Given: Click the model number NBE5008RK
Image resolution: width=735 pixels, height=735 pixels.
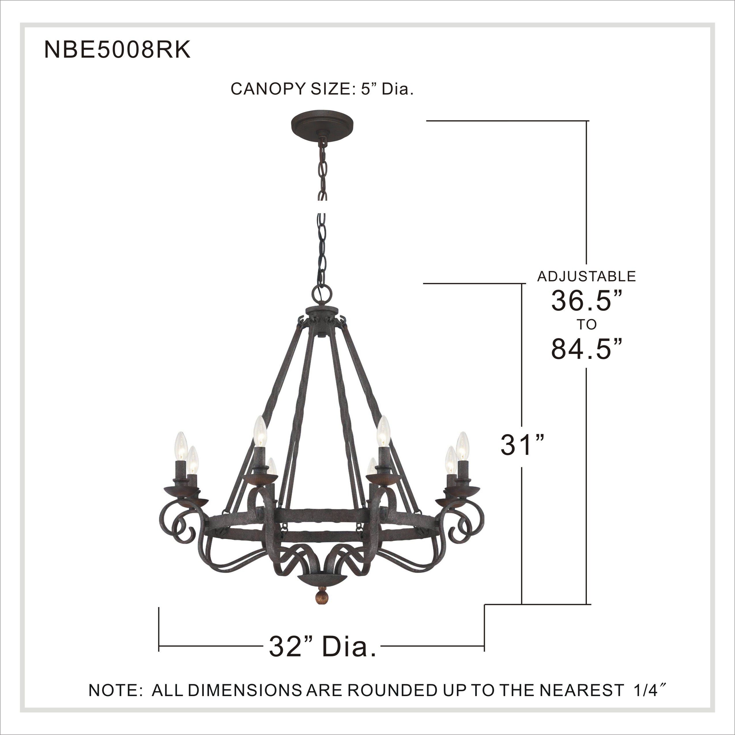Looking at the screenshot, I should (x=117, y=50).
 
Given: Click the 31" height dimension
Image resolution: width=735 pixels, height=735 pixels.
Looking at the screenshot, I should (x=522, y=445).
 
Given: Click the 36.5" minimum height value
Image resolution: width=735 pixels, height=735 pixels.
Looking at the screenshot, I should (x=586, y=301).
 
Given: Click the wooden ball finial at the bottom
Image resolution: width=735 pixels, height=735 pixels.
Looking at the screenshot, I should (x=323, y=605).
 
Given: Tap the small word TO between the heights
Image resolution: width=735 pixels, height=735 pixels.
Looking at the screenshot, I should (x=586, y=325).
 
